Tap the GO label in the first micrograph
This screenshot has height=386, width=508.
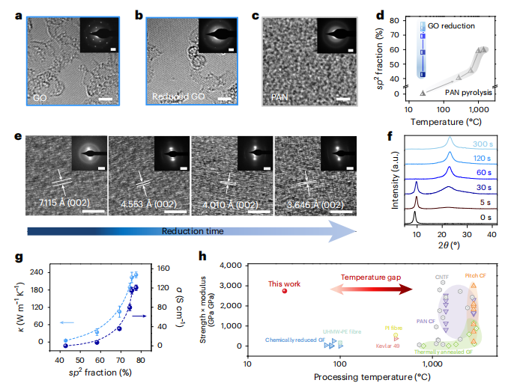40,98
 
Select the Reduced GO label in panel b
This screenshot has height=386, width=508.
177,98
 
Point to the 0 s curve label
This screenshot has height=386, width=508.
480,217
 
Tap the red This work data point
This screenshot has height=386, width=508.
284,290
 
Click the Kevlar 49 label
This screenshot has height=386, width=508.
387,346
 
